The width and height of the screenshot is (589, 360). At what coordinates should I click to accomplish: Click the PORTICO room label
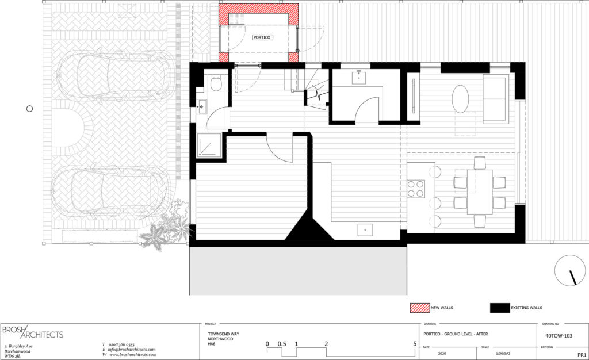coord(262,37)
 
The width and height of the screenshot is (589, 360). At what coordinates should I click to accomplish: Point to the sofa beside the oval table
coord(495,98)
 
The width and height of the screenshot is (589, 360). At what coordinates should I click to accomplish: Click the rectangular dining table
coord(479,191)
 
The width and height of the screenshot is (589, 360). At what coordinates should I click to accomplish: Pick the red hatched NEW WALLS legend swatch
coord(419,308)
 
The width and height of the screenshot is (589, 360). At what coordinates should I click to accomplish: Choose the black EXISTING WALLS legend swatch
coord(499,308)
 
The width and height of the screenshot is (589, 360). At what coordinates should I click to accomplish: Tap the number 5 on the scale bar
coord(415,344)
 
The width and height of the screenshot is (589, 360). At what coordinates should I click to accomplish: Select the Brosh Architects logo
coord(33,333)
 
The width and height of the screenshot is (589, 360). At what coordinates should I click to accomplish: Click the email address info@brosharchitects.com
coord(132,349)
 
